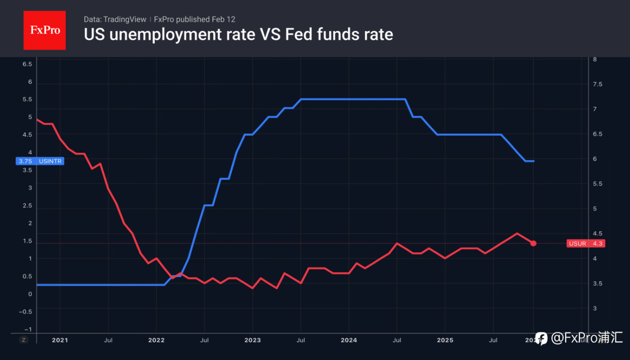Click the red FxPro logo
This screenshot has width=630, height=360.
[44, 30]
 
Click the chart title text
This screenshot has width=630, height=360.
[238, 34]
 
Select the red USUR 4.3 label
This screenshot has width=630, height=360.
[585, 243]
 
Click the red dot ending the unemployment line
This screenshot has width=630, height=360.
[533, 243]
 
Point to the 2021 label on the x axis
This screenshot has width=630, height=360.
[60, 339]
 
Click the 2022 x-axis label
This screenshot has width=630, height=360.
[157, 339]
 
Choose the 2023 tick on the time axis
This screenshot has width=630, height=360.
[252, 339]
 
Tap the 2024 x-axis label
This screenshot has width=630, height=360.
[349, 339]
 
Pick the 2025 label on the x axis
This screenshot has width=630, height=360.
[445, 339]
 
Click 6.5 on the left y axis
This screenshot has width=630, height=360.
[27, 64]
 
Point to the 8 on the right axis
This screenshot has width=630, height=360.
[595, 59]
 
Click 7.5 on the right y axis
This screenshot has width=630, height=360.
[598, 84]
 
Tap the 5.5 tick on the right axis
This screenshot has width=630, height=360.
[598, 183]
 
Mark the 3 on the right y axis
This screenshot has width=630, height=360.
[595, 308]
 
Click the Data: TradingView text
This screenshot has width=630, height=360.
[115, 19]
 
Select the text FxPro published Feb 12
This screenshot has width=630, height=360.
[194, 19]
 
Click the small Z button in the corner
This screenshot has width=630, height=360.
[23, 339]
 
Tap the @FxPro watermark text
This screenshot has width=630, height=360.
[586, 338]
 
